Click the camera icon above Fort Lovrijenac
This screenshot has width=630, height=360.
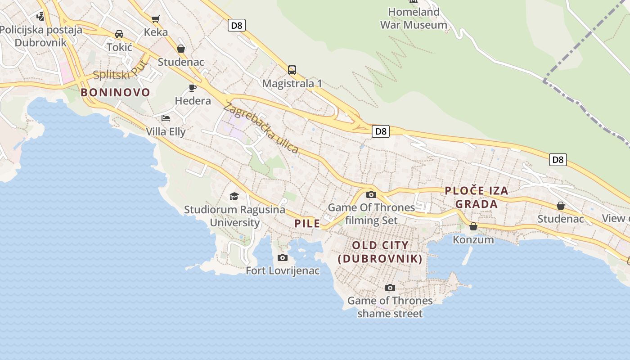click(x=283, y=257)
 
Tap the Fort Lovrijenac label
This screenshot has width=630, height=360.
click(x=283, y=271)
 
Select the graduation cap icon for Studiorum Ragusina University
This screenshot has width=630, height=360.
click(x=234, y=196)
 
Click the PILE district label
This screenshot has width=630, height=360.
click(x=307, y=223)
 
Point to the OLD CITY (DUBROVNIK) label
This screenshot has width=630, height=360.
click(x=380, y=252)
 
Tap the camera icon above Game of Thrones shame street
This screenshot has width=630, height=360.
click(x=390, y=288)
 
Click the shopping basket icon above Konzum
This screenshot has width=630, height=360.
click(x=473, y=226)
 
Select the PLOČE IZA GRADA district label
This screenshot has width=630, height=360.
click(x=477, y=197)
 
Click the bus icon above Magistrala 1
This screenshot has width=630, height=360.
click(x=292, y=70)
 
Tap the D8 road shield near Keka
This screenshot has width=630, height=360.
click(x=236, y=26)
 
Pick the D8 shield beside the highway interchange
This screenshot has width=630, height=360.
click(x=381, y=131)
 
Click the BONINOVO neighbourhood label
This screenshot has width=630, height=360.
click(x=115, y=93)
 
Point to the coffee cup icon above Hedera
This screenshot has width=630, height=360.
click(x=193, y=87)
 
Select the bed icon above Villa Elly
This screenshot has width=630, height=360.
click(x=166, y=118)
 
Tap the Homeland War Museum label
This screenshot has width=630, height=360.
click(x=414, y=18)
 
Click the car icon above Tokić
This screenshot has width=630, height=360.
click(x=119, y=34)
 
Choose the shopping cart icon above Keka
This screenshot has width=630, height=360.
click(x=156, y=19)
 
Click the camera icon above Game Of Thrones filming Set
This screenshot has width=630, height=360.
click(x=371, y=194)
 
